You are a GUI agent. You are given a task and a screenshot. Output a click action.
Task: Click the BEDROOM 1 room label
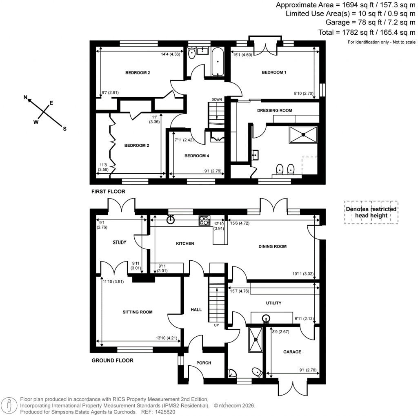pyautogui.click(x=274, y=72)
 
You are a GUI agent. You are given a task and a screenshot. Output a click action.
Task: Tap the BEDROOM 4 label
pyautogui.click(x=196, y=156)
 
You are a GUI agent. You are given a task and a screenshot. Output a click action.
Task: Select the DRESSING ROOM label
pyautogui.click(x=274, y=110)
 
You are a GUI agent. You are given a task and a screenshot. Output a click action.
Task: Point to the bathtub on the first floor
pyautogui.click(x=218, y=62)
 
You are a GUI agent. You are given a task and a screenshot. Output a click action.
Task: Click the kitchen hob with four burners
pyautogui.click(x=204, y=221)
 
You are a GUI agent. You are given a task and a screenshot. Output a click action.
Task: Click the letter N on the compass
pyautogui.click(x=25, y=98)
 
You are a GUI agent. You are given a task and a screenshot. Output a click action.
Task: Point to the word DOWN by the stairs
pyautogui.click(x=217, y=99)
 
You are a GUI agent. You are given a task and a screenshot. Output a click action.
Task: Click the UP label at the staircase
pyautogui.click(x=217, y=326)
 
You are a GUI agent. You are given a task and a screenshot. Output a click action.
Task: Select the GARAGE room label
pyautogui.click(x=292, y=352)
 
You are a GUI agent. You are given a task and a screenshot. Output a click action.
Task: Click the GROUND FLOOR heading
pyautogui.click(x=112, y=360)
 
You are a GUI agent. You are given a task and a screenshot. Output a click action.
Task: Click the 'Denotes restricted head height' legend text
pyautogui.click(x=371, y=212)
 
